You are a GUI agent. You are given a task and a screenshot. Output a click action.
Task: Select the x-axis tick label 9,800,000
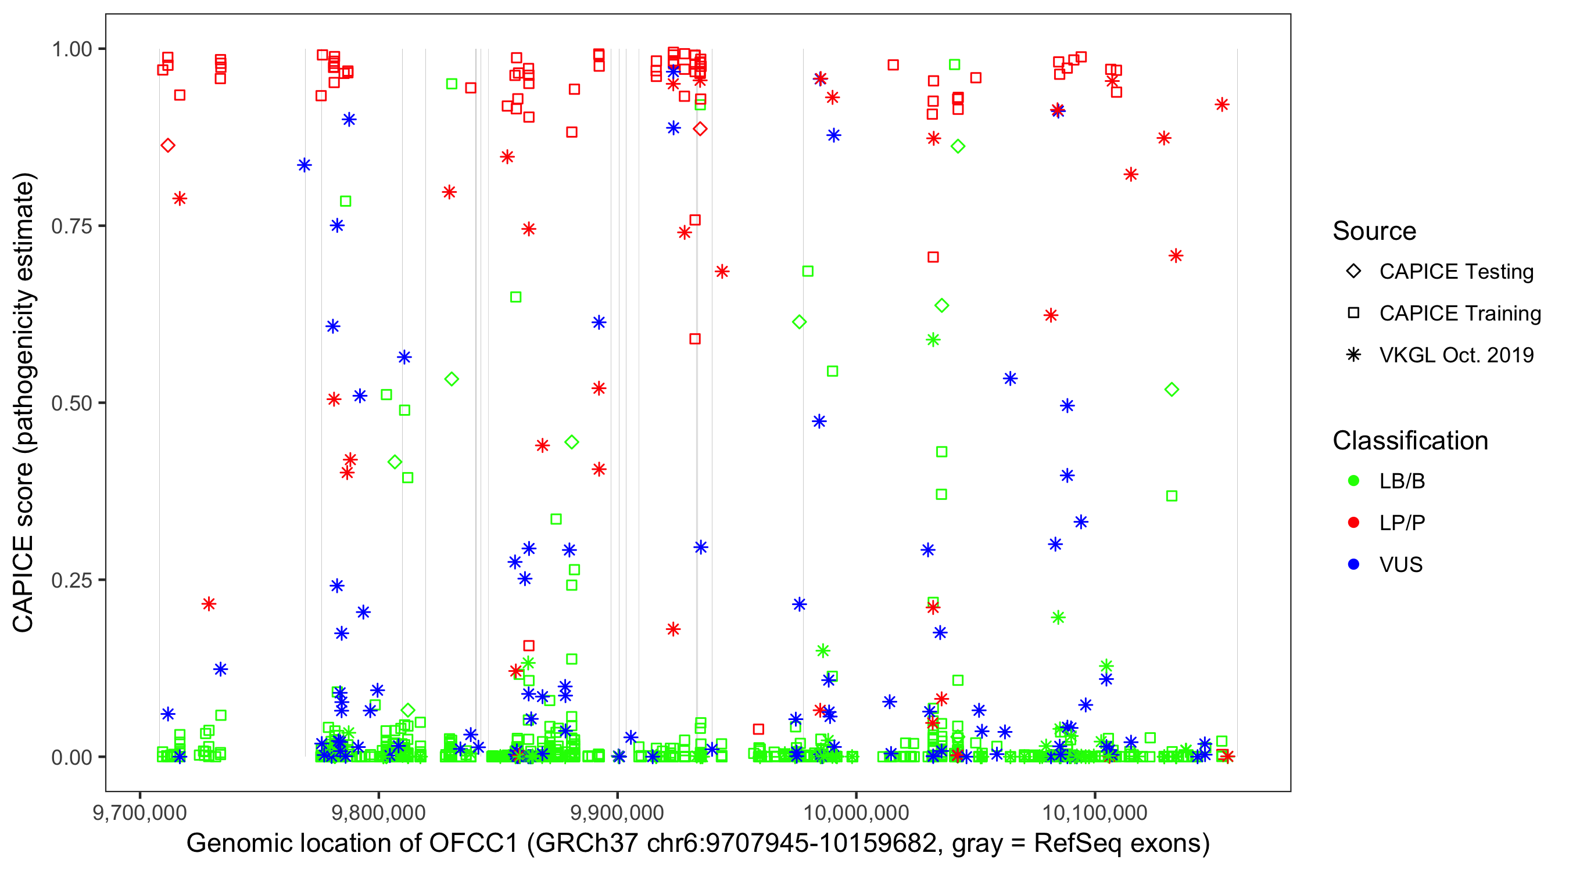tap(379, 812)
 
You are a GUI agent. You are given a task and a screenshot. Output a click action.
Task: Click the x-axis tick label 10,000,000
tap(856, 812)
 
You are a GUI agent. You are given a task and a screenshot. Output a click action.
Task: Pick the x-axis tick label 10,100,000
tap(1095, 812)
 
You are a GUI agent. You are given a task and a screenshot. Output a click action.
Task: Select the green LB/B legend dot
tap(1353, 481)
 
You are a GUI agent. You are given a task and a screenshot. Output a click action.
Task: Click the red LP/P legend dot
tap(1353, 523)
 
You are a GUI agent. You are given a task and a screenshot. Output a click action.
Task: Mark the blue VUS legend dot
tap(1353, 565)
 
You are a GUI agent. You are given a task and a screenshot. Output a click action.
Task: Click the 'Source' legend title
tap(1374, 231)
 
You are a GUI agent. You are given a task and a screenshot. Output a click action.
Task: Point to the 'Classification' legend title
tap(1410, 441)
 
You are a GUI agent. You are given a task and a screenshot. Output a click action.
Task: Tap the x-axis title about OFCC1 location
tap(698, 844)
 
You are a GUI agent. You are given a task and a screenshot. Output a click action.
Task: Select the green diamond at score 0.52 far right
tap(1172, 390)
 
